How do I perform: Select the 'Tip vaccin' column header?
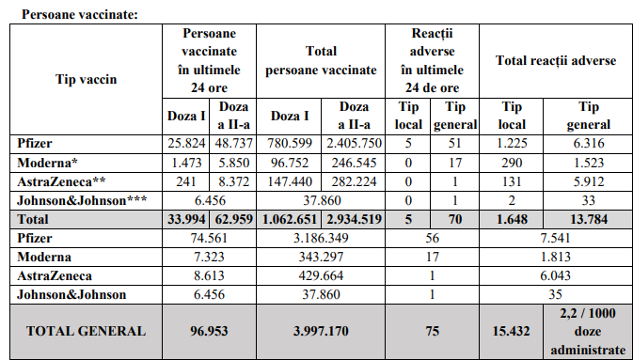(x=86, y=79)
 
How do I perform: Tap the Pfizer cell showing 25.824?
(x=183, y=144)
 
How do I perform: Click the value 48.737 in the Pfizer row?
(x=231, y=144)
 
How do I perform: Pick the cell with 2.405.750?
(x=355, y=144)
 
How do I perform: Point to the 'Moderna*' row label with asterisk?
(x=48, y=162)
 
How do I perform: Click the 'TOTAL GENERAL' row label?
(x=86, y=331)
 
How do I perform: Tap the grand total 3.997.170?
(x=322, y=331)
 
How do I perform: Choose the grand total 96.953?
(x=207, y=331)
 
